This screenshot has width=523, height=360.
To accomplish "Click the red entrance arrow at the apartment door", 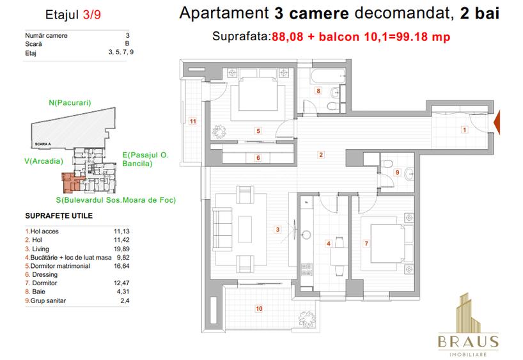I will (497, 123).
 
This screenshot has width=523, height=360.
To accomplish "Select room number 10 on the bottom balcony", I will (258, 309).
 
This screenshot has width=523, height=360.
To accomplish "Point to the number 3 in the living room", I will (277, 230).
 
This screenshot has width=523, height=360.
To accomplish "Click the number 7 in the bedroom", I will (366, 243).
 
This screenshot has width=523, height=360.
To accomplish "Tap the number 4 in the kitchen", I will (328, 243).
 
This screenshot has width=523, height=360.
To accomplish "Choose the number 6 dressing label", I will (258, 157).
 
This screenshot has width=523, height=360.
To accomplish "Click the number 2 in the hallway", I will (321, 154).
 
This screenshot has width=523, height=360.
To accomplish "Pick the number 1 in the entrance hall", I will (464, 130).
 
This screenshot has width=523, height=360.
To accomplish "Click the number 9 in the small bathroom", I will (397, 171).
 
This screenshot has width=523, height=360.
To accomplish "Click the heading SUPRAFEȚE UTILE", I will (58, 216).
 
